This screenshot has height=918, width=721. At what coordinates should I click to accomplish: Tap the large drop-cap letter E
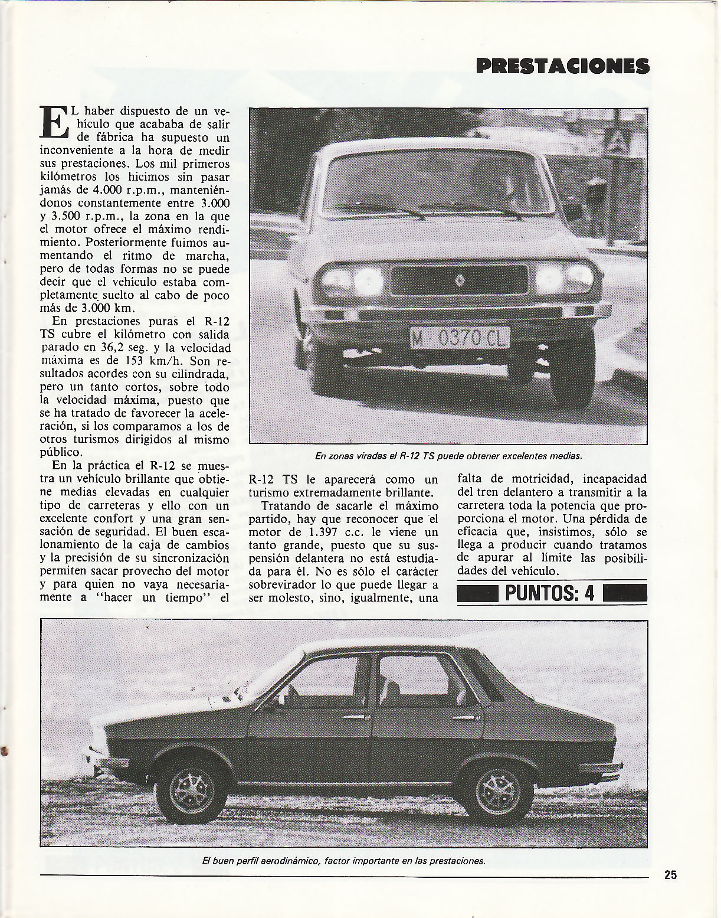click(51, 123)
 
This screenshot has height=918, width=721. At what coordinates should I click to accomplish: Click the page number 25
click(670, 874)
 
